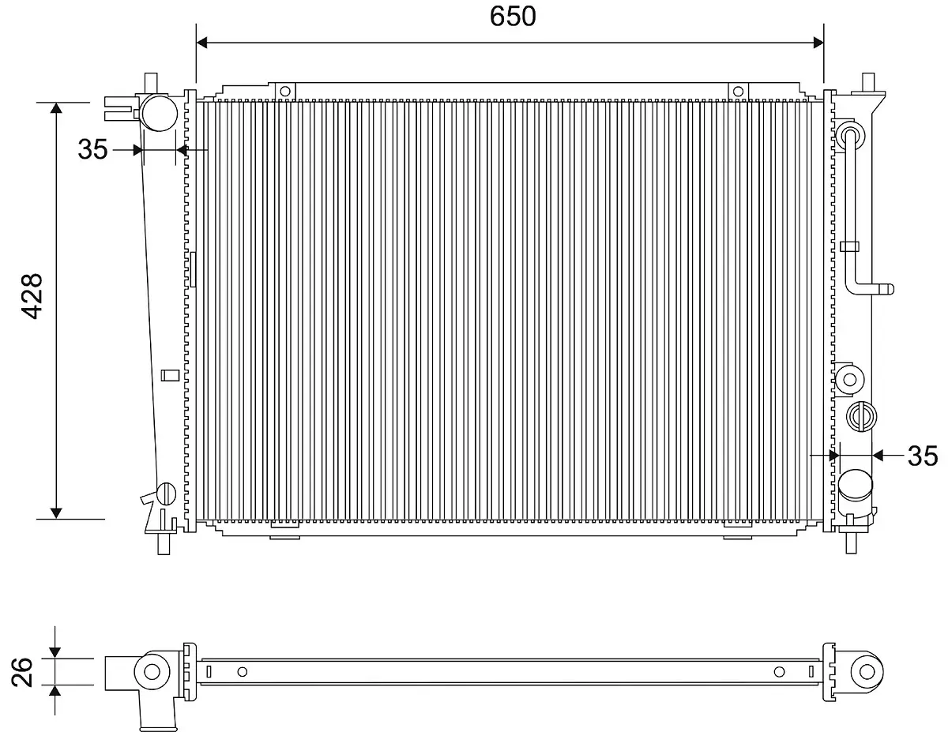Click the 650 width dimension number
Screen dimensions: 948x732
point(512,17)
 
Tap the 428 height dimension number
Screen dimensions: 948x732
point(32,296)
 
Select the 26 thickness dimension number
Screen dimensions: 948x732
point(22,672)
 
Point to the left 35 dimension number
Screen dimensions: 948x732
point(92,149)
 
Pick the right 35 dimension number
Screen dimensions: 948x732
point(923,456)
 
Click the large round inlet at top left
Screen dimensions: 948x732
point(160,113)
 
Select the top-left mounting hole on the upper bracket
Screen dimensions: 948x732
point(285,92)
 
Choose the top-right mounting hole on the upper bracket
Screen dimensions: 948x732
point(738,92)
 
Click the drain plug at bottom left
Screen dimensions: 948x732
point(166,494)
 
